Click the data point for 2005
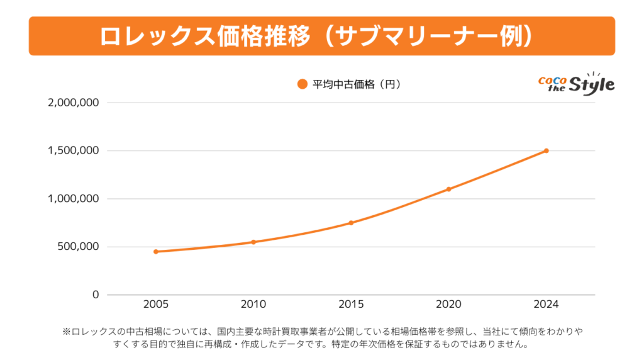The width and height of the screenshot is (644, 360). click(x=156, y=252)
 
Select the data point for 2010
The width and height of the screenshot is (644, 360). click(x=253, y=242)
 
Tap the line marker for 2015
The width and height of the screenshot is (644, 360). click(x=351, y=223)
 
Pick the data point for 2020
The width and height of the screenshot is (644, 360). click(x=448, y=189)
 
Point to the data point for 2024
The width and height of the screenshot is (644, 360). click(x=547, y=150)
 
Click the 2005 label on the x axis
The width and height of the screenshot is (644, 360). click(x=156, y=305)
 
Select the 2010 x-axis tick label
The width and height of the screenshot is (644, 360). click(x=253, y=305)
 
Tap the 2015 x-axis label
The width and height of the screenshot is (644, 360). click(x=351, y=305)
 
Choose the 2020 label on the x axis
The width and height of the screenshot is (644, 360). click(x=448, y=305)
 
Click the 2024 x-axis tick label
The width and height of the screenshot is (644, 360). click(x=546, y=305)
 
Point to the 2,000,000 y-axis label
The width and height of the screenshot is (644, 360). click(x=74, y=103)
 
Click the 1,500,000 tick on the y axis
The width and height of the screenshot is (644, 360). click(x=74, y=150)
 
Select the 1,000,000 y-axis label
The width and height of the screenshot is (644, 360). click(x=74, y=199)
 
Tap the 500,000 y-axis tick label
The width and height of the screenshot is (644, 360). click(x=78, y=247)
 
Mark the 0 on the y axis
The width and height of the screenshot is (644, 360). click(x=96, y=295)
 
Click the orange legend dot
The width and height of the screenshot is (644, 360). click(x=302, y=84)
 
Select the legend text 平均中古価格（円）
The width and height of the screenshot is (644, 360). click(x=357, y=84)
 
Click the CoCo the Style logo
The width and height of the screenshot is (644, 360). click(x=576, y=84)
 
